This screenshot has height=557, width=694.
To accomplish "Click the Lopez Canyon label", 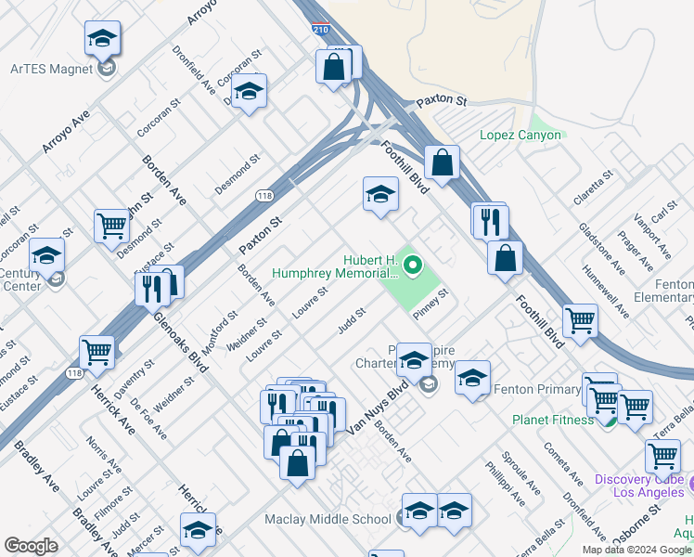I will (x=520, y=135).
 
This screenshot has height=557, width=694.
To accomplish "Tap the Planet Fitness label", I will (x=553, y=420).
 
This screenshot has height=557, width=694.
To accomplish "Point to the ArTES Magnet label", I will (x=52, y=69).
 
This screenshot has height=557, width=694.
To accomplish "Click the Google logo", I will (x=31, y=546).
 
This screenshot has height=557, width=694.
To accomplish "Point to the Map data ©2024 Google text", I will (x=636, y=550).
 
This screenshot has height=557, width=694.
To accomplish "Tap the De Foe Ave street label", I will (x=148, y=419).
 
